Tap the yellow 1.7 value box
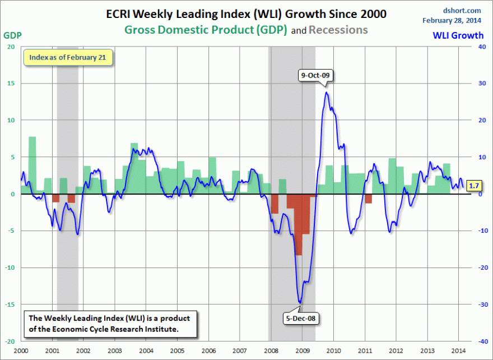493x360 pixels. (473, 186)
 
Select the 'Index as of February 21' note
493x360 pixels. (68, 57)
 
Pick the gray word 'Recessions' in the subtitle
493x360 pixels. (339, 29)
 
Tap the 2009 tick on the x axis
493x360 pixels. (302, 350)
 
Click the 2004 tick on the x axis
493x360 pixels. (146, 350)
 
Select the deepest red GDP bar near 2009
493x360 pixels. (299, 224)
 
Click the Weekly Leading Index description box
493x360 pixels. (110, 324)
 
